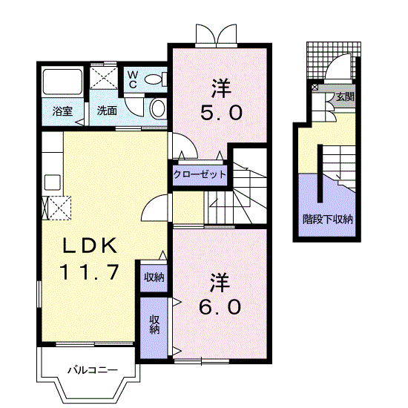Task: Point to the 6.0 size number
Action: point(219,306)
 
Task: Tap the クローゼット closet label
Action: point(200,175)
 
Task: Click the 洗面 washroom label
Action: point(107,111)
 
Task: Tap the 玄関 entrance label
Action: point(344,96)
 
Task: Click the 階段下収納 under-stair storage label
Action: point(327,219)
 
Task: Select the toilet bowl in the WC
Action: point(156,79)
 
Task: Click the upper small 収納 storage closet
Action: point(154,277)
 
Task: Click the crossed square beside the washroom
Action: point(104,79)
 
